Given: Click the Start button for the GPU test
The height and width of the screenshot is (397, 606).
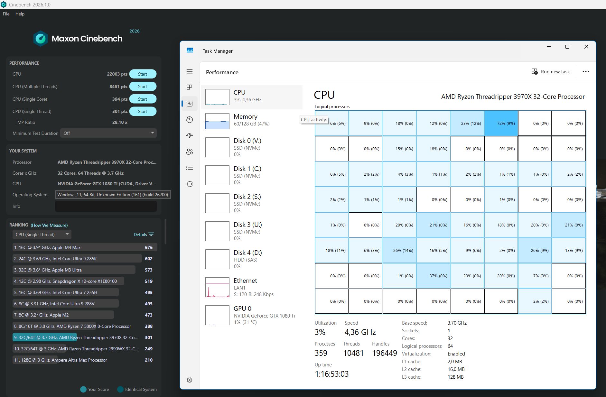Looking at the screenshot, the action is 143,74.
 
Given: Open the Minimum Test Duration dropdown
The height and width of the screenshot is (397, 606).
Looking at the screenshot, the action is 108,133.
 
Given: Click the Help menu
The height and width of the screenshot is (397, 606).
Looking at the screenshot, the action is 20,14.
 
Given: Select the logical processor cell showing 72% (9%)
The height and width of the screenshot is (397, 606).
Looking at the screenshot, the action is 501,123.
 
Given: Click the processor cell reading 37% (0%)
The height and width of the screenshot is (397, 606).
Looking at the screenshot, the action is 433,276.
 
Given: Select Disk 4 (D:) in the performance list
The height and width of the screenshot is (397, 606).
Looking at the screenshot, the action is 252,259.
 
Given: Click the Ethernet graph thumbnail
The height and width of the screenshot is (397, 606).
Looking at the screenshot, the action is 217,287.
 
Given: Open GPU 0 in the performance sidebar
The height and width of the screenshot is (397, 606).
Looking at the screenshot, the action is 252,315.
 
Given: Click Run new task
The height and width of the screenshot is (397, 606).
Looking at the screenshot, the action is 550,72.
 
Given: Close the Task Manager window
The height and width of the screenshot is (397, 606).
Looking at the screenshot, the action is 586,47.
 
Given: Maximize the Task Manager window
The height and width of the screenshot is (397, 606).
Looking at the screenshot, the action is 567,47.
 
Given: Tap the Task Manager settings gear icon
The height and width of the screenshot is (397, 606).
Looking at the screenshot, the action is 190,380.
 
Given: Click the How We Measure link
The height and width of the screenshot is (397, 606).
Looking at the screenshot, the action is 49,225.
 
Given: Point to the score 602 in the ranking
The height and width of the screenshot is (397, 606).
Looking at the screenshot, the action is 149,259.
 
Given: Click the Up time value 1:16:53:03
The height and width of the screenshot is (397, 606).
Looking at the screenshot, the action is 331,374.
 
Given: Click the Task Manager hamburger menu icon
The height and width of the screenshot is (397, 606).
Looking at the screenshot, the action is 190,71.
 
